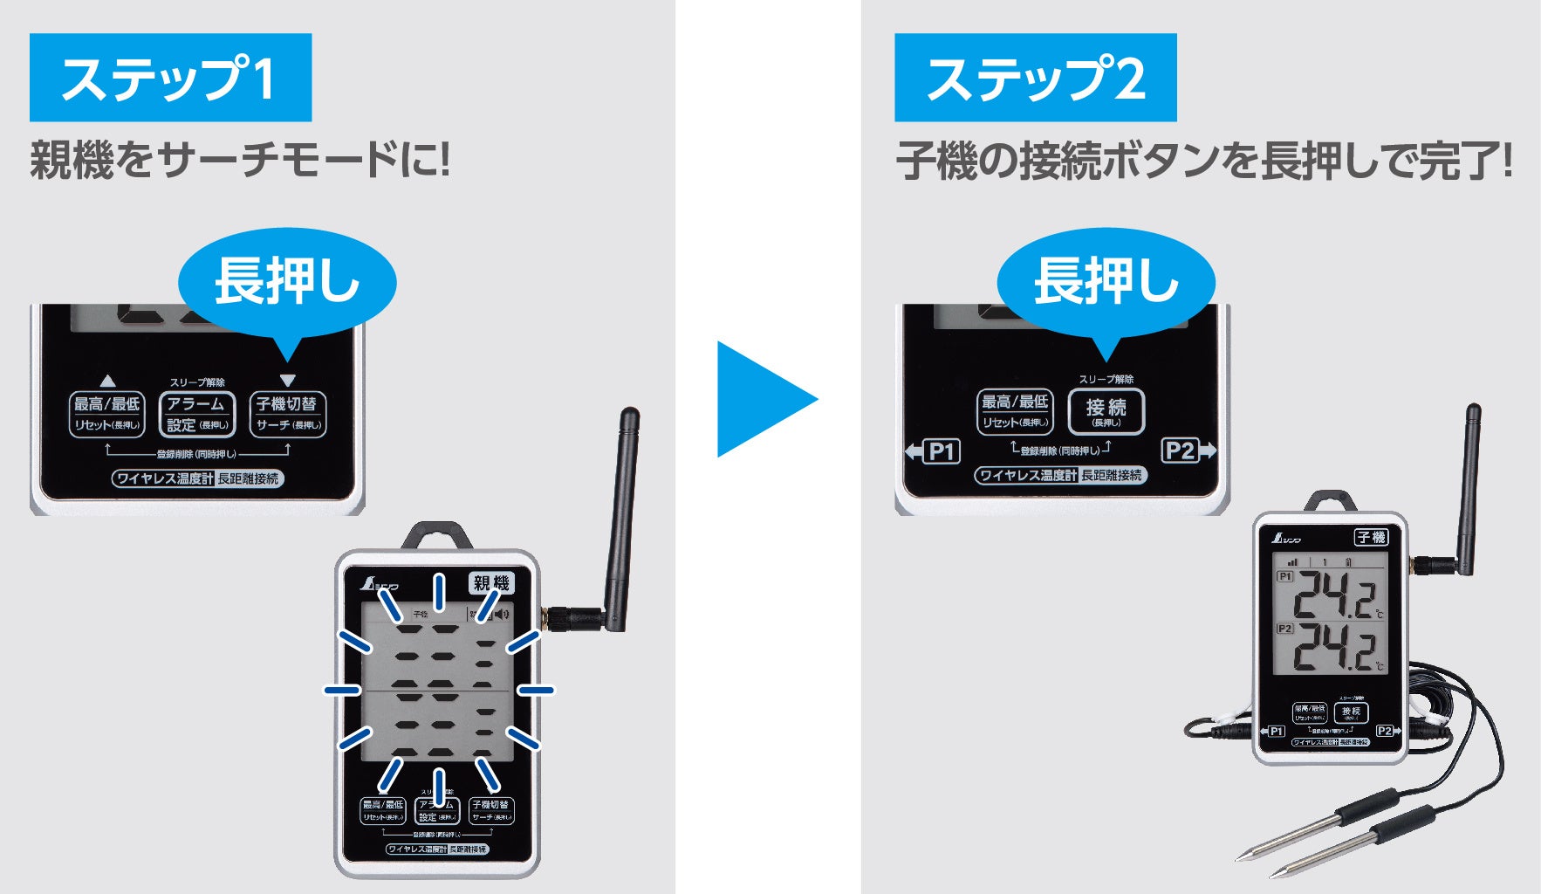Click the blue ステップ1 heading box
[x=170, y=78]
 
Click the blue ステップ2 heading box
[x=1035, y=78]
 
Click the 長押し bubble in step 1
[x=287, y=281]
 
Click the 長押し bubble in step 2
[x=1106, y=281]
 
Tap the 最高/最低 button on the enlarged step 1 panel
[x=106, y=414]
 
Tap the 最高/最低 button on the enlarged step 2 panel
[x=1015, y=411]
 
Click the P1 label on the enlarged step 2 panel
[x=940, y=451]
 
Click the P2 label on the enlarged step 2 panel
[x=1181, y=450]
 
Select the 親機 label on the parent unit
[x=490, y=583]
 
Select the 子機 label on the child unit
[x=1371, y=537]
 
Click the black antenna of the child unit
[x=1469, y=489]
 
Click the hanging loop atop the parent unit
[x=436, y=535]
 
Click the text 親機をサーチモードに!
[x=240, y=161]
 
